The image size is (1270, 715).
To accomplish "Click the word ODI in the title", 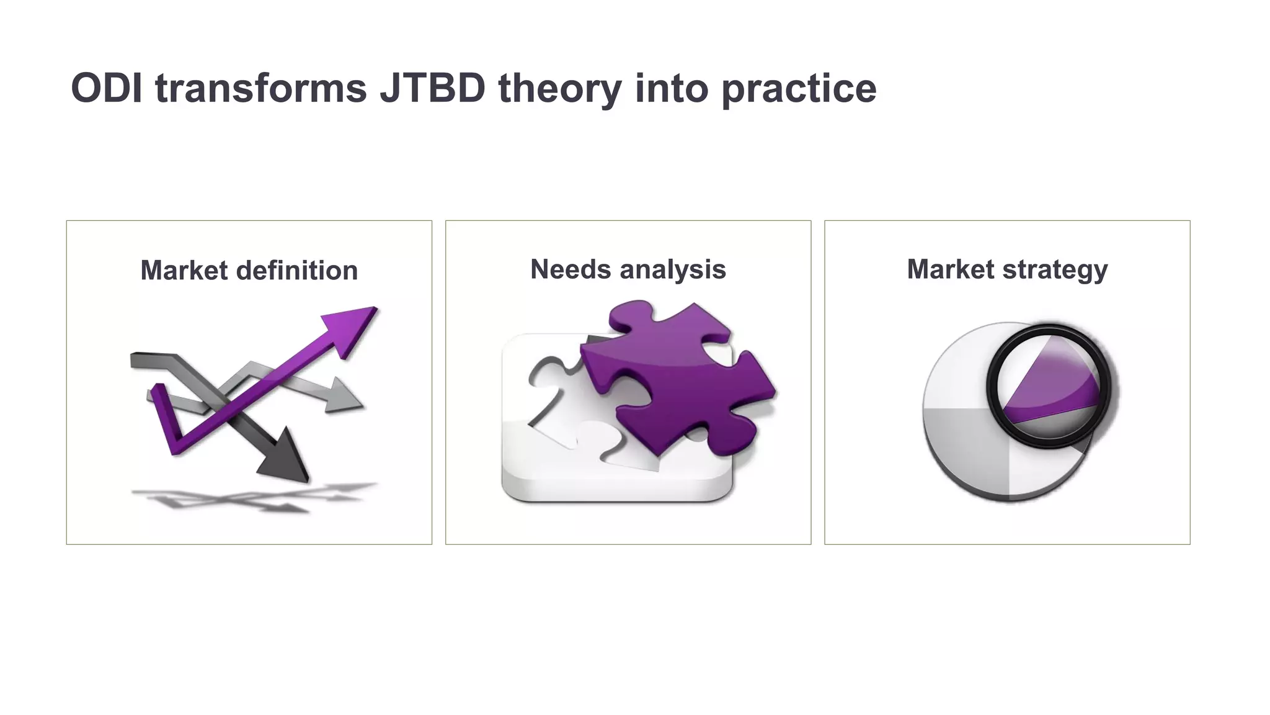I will (x=106, y=88).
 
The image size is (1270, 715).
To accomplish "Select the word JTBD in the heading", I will (x=432, y=88).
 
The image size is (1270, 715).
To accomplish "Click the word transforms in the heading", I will (x=261, y=88).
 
